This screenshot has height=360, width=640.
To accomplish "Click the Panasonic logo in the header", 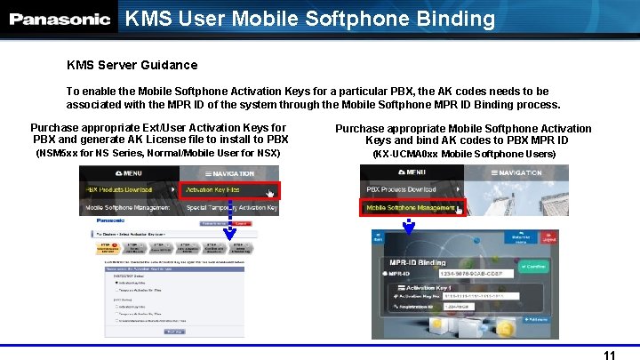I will (x=60, y=19).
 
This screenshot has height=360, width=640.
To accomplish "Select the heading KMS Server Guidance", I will (x=132, y=65).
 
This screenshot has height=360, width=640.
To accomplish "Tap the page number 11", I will (x=609, y=355).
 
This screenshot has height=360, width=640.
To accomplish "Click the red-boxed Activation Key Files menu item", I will (x=229, y=190).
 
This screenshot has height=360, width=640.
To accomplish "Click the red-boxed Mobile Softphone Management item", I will (x=412, y=207).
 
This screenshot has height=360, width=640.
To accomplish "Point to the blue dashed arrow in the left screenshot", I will (x=229, y=220).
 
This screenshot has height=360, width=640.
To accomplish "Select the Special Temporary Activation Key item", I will (x=231, y=208).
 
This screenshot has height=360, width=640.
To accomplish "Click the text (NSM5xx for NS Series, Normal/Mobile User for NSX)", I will (x=157, y=154).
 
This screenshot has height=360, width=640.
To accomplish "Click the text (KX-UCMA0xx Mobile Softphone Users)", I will (x=464, y=154).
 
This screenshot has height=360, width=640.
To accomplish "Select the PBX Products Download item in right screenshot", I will (x=402, y=189).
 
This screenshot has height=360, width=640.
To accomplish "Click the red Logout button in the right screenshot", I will (x=535, y=238).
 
